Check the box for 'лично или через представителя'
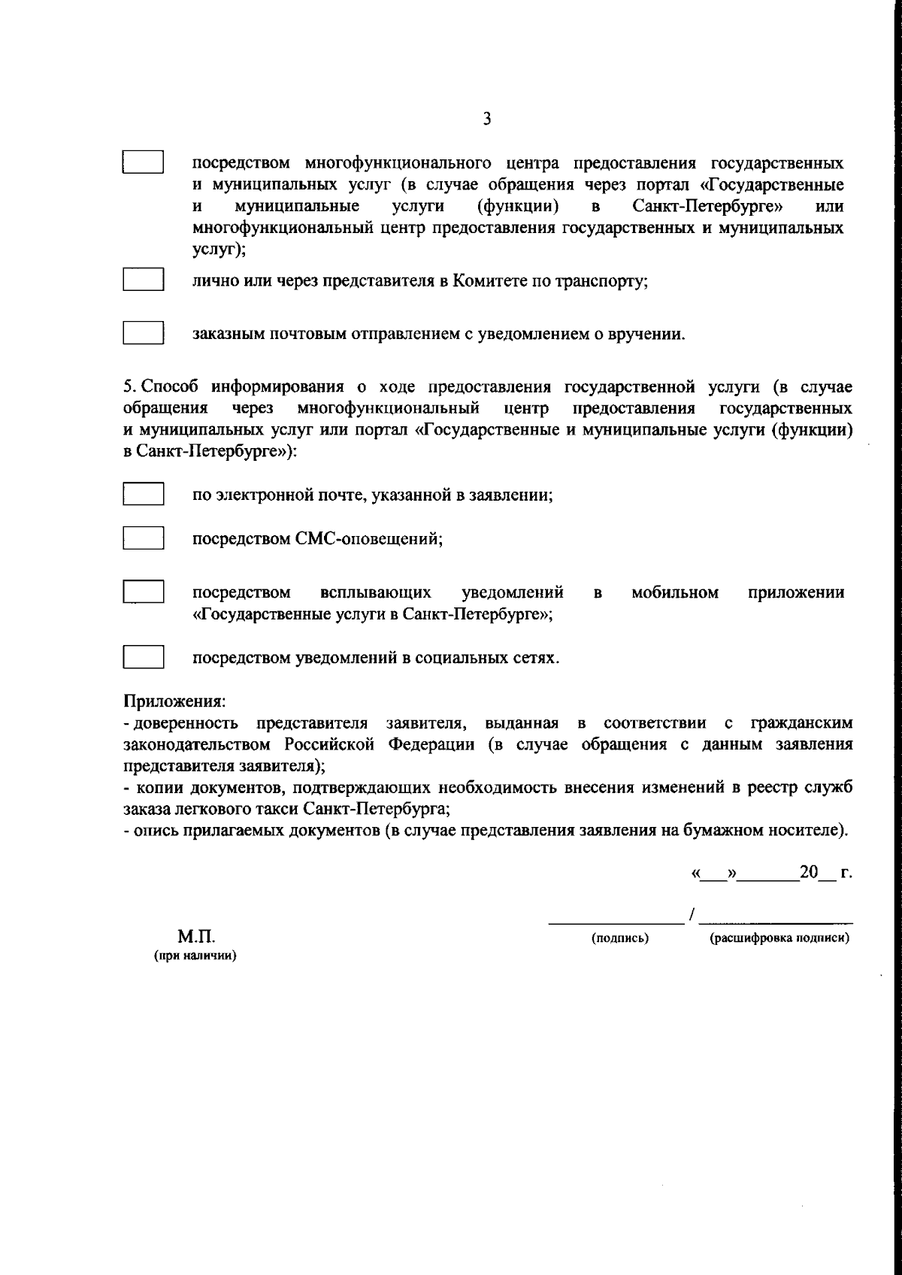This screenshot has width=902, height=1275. coord(143,280)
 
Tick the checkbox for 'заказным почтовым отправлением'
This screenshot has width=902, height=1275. coord(143,333)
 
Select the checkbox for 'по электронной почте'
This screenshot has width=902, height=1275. coord(143,495)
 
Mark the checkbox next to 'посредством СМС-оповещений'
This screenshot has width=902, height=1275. coord(143,538)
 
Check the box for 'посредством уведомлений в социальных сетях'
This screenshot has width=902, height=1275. coord(143,657)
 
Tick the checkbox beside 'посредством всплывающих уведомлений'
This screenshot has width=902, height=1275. coord(143,591)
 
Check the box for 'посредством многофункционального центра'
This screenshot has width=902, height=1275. coord(143,162)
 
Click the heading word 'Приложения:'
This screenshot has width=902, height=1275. coord(174,701)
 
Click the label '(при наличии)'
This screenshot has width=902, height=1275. coord(195,956)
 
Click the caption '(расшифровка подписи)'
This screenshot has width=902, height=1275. coord(779,938)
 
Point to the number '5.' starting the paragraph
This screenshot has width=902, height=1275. coord(129,387)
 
